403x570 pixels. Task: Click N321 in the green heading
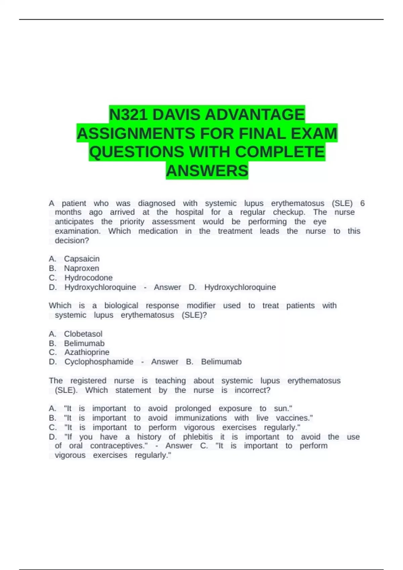[x=129, y=115]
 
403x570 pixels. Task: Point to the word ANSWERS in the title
[x=207, y=171]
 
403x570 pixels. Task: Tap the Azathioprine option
[x=87, y=352]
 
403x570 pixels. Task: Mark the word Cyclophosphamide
[x=99, y=362]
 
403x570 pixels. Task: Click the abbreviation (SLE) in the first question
[x=342, y=203]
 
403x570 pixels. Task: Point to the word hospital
[x=189, y=212]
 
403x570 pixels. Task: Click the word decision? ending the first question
[x=72, y=240]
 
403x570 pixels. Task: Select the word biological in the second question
[x=121, y=305]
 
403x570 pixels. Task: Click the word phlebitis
[x=197, y=437]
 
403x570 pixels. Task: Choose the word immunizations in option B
[x=200, y=418]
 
